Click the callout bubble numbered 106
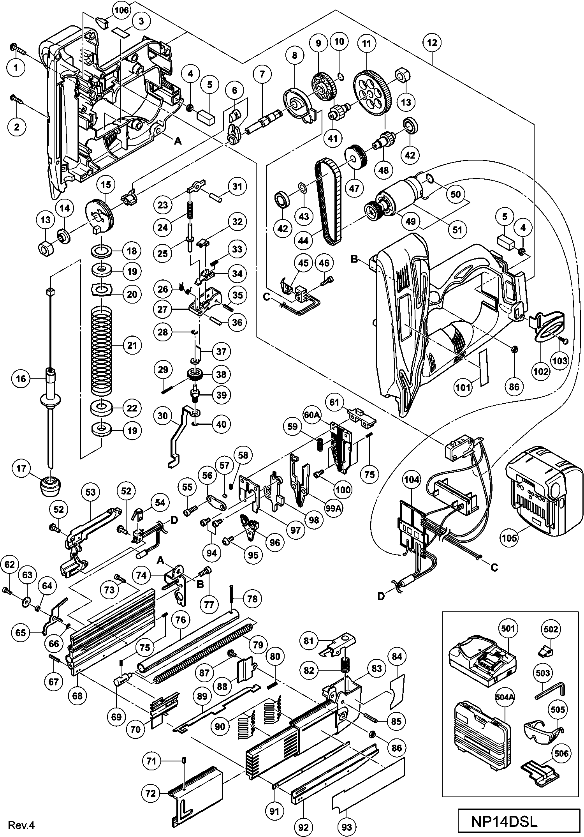coord(121,11)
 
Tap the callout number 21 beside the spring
coord(132,345)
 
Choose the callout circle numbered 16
coord(21,378)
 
